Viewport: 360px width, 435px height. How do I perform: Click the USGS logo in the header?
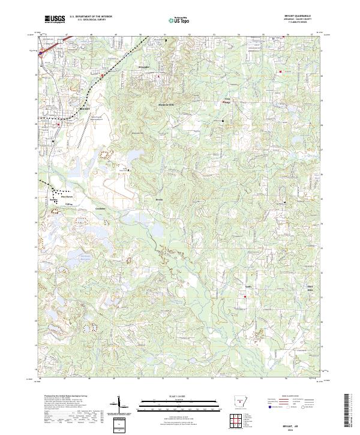[x=55, y=19]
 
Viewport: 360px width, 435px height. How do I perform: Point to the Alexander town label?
[x=145, y=67]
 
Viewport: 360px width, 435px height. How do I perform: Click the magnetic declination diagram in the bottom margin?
[x=120, y=404]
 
